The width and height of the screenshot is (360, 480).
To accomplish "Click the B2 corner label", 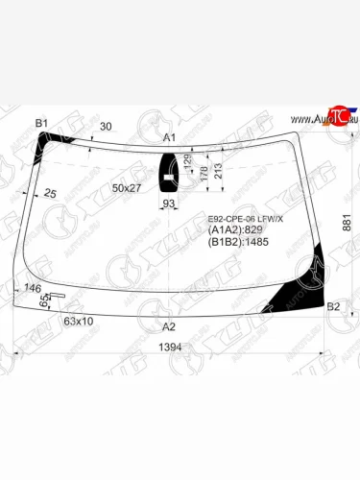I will point(333,306).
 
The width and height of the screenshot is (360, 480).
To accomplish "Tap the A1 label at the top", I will point(169,138).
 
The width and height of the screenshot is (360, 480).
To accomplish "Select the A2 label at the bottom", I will point(169,326).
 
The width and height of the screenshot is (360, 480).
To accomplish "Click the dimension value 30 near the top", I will point(107,127).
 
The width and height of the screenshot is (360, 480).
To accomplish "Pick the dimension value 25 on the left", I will point(50,194).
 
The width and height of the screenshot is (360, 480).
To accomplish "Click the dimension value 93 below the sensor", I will point(169,204).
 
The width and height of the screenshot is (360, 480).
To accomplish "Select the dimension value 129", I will point(188,161).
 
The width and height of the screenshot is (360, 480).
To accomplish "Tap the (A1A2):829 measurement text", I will point(236,230).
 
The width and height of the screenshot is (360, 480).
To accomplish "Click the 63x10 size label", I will point(79,321).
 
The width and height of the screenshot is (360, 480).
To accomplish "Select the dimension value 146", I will point(32,288).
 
